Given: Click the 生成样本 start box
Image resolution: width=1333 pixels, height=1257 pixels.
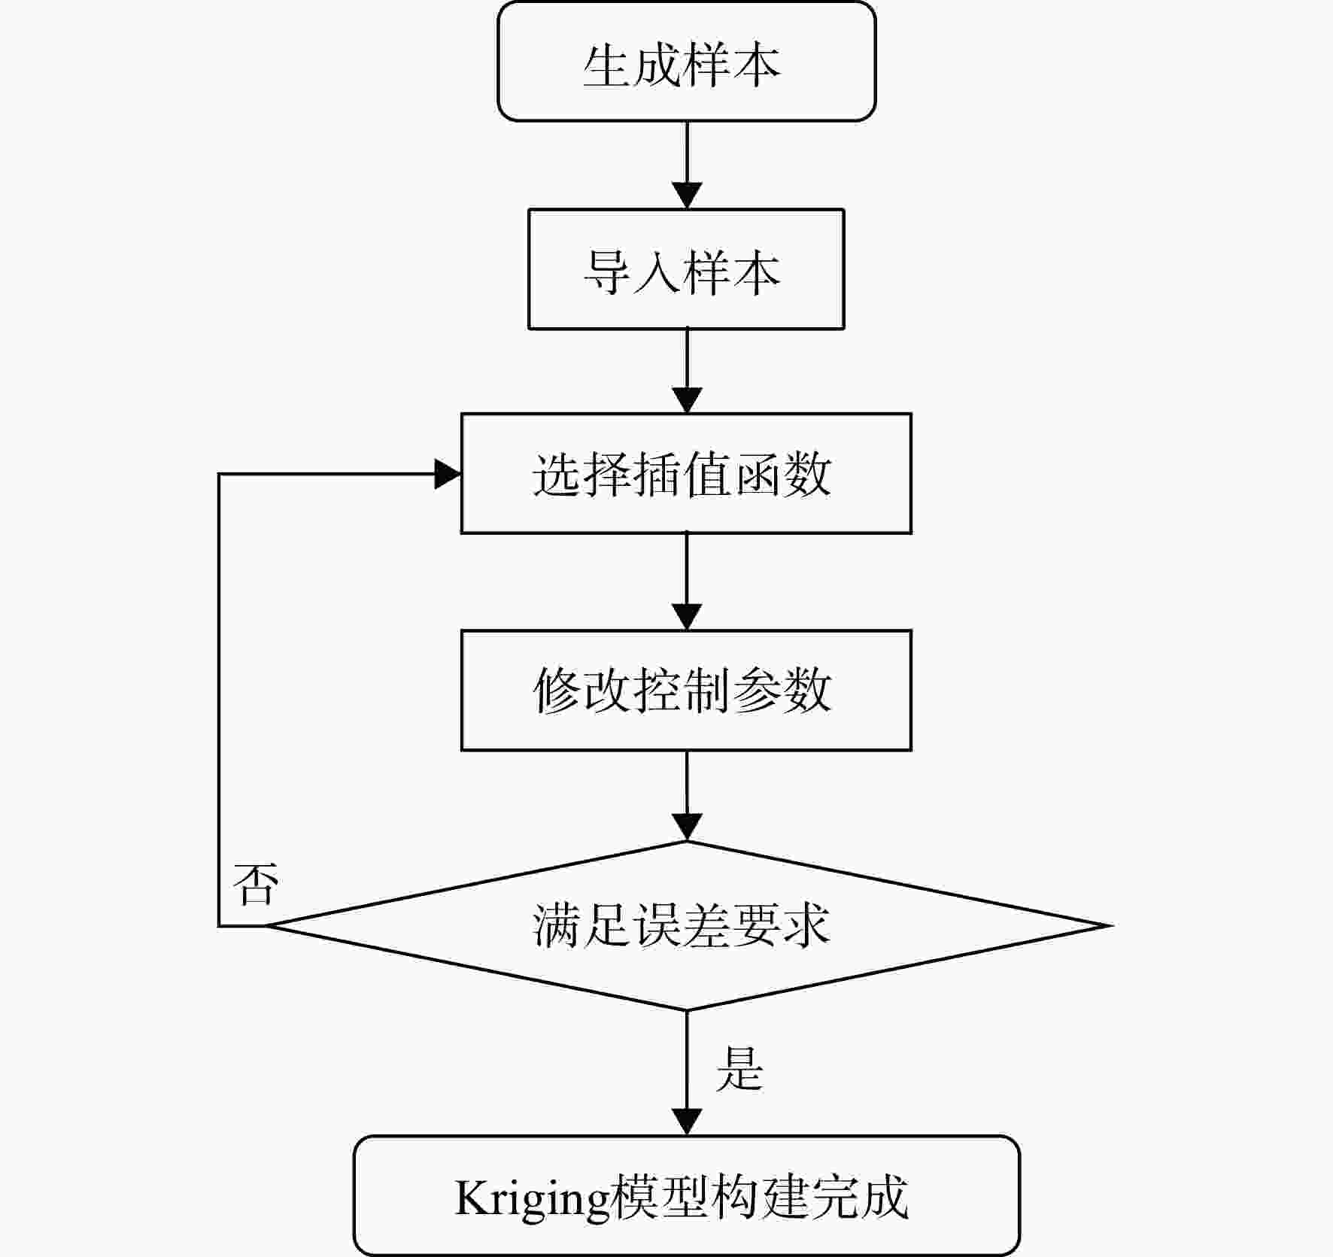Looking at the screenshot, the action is pyautogui.click(x=687, y=61).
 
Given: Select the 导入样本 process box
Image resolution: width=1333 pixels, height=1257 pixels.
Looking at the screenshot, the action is pyautogui.click(x=686, y=269).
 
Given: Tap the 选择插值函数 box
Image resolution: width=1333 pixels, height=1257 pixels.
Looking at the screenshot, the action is pyautogui.click(x=686, y=473).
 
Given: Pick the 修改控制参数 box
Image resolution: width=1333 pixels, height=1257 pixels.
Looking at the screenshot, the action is pyautogui.click(x=686, y=690).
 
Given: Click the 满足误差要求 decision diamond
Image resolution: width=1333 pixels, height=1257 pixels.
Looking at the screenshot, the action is pyautogui.click(x=687, y=925).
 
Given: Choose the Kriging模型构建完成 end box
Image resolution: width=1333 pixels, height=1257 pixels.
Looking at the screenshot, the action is pyautogui.click(x=686, y=1195).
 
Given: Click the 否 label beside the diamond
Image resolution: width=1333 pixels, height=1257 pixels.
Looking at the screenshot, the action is pyautogui.click(x=256, y=883).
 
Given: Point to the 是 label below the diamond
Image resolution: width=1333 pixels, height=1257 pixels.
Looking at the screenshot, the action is pyautogui.click(x=739, y=1067).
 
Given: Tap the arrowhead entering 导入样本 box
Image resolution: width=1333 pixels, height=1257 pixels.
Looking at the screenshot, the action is pyautogui.click(x=687, y=196).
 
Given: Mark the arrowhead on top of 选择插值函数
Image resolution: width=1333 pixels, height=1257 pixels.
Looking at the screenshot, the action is pyautogui.click(x=687, y=400).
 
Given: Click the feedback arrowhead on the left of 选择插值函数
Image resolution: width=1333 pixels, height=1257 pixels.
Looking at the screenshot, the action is pyautogui.click(x=448, y=474).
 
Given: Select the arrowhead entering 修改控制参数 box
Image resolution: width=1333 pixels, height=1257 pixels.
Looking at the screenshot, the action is pyautogui.click(x=687, y=617).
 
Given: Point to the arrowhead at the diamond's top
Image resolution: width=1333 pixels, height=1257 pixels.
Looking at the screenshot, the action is pyautogui.click(x=687, y=827).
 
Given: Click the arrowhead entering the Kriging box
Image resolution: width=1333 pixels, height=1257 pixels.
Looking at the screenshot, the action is pyautogui.click(x=687, y=1122).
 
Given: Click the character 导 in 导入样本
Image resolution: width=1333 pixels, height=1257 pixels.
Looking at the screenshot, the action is pyautogui.click(x=607, y=272).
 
